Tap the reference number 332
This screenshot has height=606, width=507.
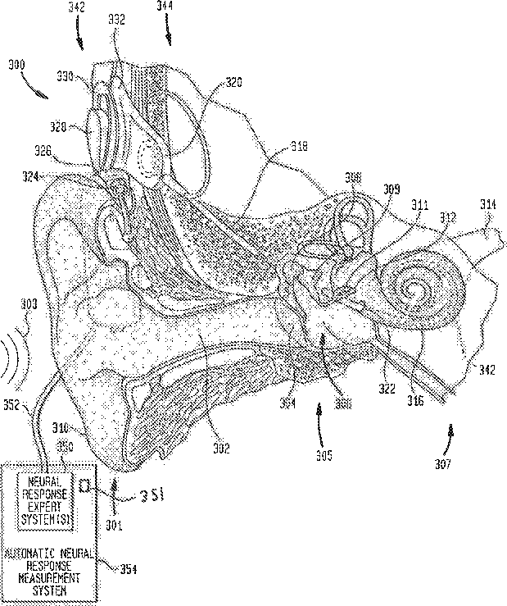click(x=116, y=21)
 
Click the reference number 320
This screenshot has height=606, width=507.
click(x=235, y=83)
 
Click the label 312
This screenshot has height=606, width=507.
click(x=446, y=218)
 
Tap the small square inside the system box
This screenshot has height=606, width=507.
click(x=84, y=486)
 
